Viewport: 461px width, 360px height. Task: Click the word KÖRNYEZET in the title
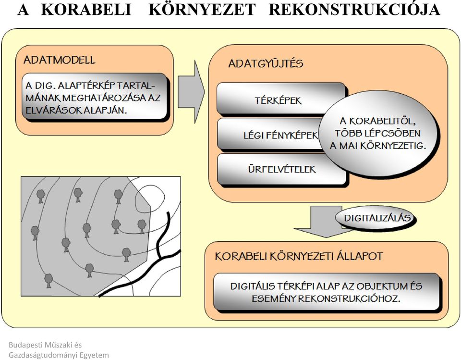[x=202, y=9]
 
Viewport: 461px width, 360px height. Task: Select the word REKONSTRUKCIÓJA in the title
[x=354, y=10]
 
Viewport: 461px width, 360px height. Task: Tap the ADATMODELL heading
[x=60, y=60]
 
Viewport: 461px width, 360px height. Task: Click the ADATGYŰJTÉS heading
[x=266, y=63]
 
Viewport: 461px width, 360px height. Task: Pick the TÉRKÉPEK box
[x=281, y=99]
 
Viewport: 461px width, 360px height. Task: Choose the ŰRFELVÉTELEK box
[x=281, y=169]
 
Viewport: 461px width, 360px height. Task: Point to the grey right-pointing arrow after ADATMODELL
[x=191, y=92]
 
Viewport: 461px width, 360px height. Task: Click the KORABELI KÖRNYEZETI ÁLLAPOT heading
[x=299, y=256]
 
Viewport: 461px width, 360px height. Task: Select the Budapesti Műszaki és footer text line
[x=45, y=345]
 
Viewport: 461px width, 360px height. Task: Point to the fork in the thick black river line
[x=160, y=258]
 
